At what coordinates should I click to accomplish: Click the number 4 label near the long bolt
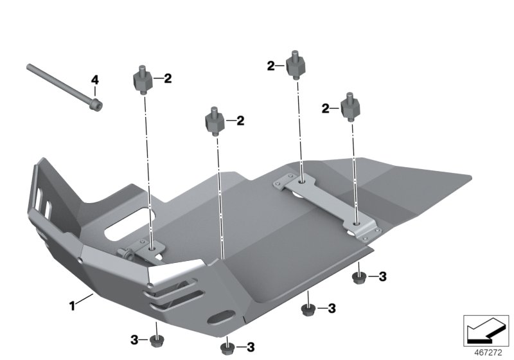click(94, 80)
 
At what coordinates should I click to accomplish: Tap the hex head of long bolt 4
click(96, 103)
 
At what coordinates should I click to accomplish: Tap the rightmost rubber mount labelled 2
click(350, 108)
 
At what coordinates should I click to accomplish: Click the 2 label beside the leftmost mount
click(168, 79)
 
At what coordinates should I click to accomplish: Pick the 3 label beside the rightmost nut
click(382, 277)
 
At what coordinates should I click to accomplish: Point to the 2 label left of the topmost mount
click(271, 65)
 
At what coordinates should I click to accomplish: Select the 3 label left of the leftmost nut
click(135, 339)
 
